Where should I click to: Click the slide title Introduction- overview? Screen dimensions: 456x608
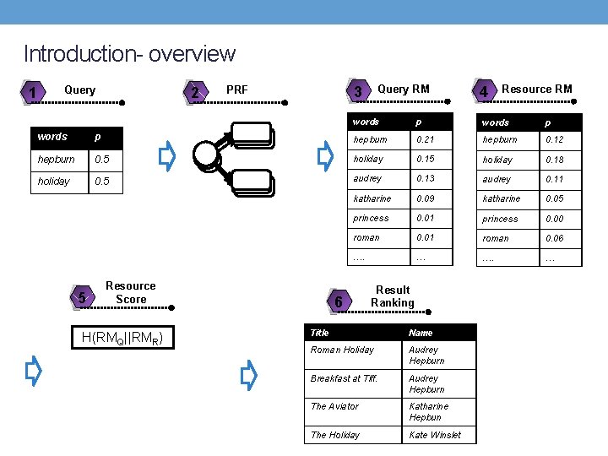pos(129,54)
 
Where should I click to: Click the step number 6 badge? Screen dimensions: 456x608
pos(338,301)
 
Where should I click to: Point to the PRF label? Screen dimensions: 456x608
pos(237,90)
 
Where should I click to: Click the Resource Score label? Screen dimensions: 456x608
pos(131,292)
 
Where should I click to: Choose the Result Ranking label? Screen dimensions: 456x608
pos(393,296)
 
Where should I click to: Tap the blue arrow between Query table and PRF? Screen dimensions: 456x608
pos(167,155)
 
